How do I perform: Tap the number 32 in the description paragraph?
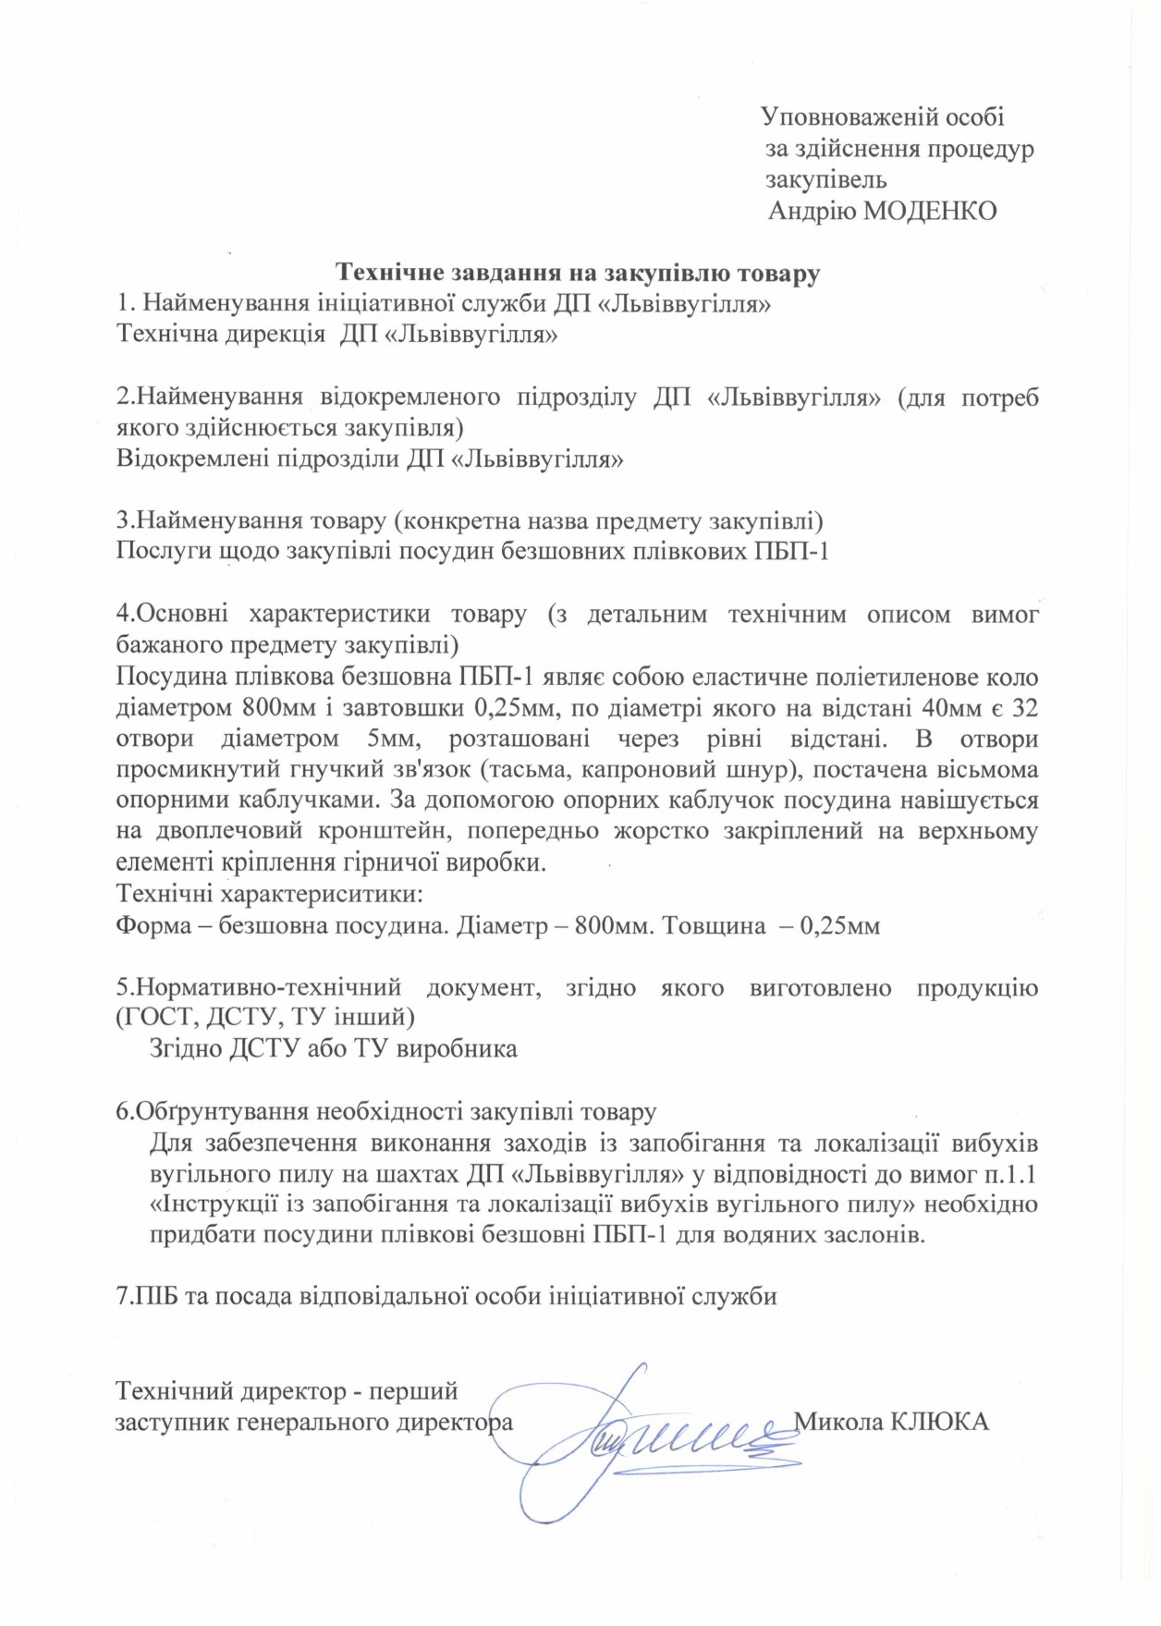click(x=1023, y=708)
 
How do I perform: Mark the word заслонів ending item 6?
click(x=878, y=1236)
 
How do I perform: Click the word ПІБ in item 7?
click(x=159, y=1296)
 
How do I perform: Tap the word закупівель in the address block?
click(x=826, y=179)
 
